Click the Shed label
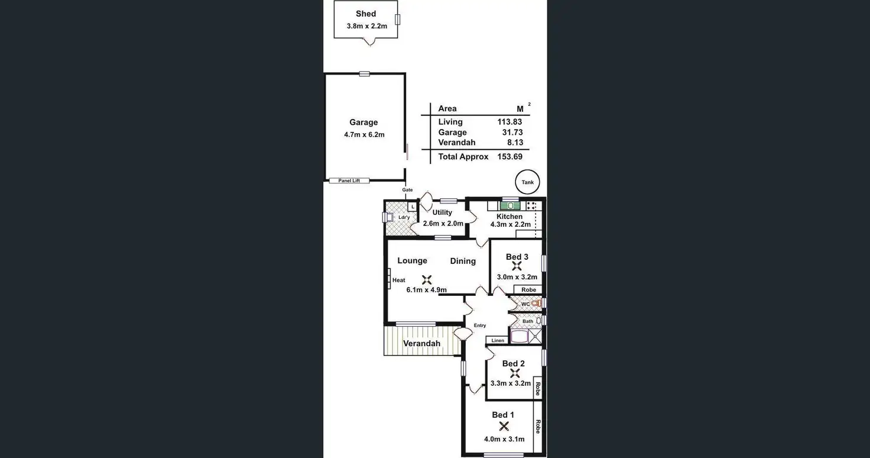coord(366,14)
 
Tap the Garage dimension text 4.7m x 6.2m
coord(364,135)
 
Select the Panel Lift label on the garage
coord(349,180)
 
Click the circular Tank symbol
coord(527,182)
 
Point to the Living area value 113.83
coord(509,122)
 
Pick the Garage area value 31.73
coord(512,133)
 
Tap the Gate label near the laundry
coord(407,190)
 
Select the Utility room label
coord(442,212)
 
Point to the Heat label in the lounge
coord(399,280)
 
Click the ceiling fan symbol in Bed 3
coord(517,266)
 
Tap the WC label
coord(525,304)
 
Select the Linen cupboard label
coord(498,341)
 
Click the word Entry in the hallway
coord(480,325)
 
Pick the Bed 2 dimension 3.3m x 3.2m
coord(511,383)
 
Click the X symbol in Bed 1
coord(504,426)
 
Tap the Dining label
coord(463,261)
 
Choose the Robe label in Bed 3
coord(529,290)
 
